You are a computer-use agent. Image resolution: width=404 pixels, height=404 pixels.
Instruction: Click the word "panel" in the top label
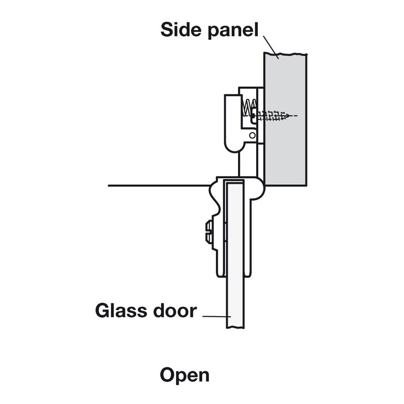click(232, 30)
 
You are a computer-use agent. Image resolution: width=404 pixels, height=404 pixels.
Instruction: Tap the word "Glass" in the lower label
click(120, 310)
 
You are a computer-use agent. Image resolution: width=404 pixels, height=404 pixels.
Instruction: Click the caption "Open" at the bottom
click(185, 375)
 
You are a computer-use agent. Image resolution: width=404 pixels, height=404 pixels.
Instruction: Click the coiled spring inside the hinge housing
click(247, 107)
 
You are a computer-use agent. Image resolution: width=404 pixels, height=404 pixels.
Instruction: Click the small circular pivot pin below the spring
click(252, 135)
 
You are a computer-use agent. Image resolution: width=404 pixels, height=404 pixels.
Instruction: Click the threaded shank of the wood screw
click(272, 116)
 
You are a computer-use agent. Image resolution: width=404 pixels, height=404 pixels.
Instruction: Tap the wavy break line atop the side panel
click(284, 53)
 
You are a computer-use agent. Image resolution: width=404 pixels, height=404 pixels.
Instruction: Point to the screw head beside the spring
click(254, 115)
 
